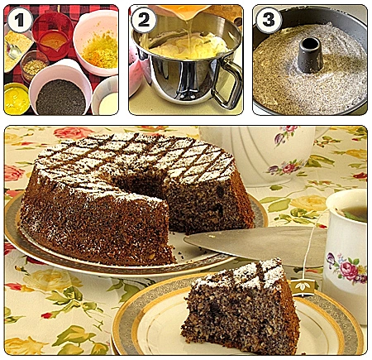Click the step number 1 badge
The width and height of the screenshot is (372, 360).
point(20,20)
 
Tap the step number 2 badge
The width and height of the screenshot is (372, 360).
point(144,20)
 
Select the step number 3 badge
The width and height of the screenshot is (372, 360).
point(269,20)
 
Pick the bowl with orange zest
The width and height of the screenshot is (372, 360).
point(97,43)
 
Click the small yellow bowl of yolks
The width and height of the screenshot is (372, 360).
point(17,98)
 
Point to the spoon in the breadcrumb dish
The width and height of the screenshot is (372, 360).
point(13,50)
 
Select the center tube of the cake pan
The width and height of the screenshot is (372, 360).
point(309,55)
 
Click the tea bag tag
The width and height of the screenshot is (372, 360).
point(303,287)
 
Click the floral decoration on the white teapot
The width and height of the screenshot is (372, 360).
point(284,166)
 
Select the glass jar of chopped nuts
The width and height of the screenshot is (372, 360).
point(34,65)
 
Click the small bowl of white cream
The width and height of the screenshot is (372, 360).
point(106,97)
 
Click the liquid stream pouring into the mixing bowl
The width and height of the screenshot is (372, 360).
point(188,33)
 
